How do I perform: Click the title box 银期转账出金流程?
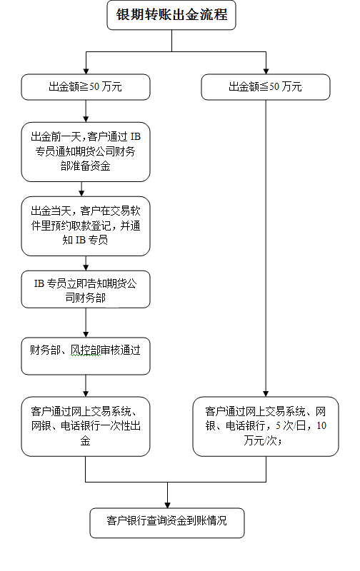point(171,15)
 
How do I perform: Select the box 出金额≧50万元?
point(86,87)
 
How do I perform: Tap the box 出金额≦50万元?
point(266,87)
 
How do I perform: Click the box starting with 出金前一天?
point(86,152)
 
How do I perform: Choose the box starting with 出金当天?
point(86,226)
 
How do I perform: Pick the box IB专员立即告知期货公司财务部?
point(86,290)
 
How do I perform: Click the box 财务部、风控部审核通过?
point(86,356)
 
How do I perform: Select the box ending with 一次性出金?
point(86,426)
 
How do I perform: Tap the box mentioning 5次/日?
point(266,426)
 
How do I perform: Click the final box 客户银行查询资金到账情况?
point(167,523)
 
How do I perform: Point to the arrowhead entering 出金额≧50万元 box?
point(86,71)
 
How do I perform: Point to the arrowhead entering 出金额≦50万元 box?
point(266,71)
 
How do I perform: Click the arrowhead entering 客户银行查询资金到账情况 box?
point(168,505)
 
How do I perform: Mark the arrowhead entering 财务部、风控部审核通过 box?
point(86,334)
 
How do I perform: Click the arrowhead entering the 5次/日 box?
point(266,394)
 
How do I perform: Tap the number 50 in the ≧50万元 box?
point(94,86)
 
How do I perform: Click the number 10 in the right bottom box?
point(321,425)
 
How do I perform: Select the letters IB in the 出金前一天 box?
point(136,137)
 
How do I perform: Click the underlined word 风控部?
point(85,350)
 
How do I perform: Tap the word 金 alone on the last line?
point(85,441)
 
